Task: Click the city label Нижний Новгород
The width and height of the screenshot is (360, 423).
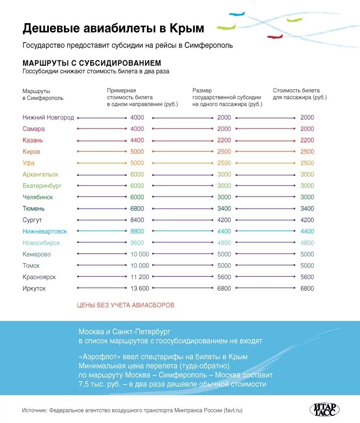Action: point(48,117)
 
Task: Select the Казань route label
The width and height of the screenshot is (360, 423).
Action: point(33,141)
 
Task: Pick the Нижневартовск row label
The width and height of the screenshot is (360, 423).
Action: point(45,231)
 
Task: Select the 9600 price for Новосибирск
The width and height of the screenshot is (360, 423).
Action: point(137,243)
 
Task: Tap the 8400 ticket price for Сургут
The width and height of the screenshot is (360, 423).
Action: point(137,220)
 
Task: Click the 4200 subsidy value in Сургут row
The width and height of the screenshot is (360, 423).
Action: point(224,220)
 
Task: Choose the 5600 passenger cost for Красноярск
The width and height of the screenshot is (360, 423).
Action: point(307,277)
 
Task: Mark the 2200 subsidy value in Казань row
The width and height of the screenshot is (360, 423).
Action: point(224,141)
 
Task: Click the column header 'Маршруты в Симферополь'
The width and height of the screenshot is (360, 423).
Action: point(36,94)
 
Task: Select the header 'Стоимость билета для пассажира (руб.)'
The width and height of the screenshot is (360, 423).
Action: point(300,94)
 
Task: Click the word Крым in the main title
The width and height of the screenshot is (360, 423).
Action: point(187,28)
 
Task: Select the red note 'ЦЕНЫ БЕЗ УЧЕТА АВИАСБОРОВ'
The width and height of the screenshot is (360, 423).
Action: point(125,305)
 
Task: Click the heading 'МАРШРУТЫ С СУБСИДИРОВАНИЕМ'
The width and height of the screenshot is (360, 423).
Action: point(92,63)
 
